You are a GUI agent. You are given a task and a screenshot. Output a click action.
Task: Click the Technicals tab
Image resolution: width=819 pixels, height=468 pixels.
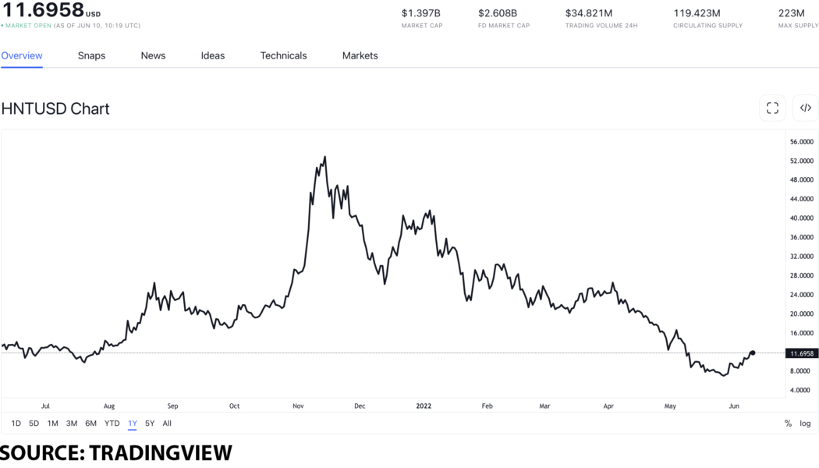pyautogui.click(x=283, y=55)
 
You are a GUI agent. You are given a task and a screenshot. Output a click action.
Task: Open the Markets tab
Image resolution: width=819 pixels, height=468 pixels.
pyautogui.click(x=360, y=55)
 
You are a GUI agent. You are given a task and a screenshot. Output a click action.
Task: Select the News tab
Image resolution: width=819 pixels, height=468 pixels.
pyautogui.click(x=153, y=55)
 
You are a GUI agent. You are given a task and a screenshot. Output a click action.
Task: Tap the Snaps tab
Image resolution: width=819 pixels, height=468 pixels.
pyautogui.click(x=91, y=55)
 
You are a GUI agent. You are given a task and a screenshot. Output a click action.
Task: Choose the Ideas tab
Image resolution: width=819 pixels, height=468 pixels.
pyautogui.click(x=212, y=55)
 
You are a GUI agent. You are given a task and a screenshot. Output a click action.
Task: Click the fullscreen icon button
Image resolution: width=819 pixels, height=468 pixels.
pyautogui.click(x=772, y=108)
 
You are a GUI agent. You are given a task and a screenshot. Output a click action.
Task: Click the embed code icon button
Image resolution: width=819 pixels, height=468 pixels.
pyautogui.click(x=805, y=108)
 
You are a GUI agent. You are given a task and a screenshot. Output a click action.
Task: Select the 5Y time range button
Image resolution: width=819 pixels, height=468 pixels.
pyautogui.click(x=150, y=424)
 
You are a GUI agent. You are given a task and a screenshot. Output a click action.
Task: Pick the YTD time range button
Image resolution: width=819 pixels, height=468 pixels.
pyautogui.click(x=112, y=424)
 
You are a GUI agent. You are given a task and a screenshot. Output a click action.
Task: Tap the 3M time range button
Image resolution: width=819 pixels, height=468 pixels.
pyautogui.click(x=72, y=424)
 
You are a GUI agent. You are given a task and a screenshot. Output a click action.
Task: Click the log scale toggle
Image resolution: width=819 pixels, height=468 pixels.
pyautogui.click(x=805, y=424)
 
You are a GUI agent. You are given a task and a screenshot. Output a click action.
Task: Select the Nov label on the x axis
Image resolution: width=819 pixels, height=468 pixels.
pyautogui.click(x=298, y=406)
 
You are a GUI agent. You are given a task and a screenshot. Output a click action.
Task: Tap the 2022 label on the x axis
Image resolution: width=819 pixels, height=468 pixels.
pyautogui.click(x=424, y=406)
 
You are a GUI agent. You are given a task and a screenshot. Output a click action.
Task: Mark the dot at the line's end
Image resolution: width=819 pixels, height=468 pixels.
pyautogui.click(x=752, y=353)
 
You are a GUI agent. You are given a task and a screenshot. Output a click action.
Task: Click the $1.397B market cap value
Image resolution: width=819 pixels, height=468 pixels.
pyautogui.click(x=421, y=13)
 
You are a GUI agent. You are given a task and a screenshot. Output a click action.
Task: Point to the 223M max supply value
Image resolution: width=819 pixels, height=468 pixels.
pyautogui.click(x=791, y=13)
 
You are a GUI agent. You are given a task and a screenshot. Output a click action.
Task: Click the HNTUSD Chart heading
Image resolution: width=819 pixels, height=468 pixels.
pyautogui.click(x=55, y=108)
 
